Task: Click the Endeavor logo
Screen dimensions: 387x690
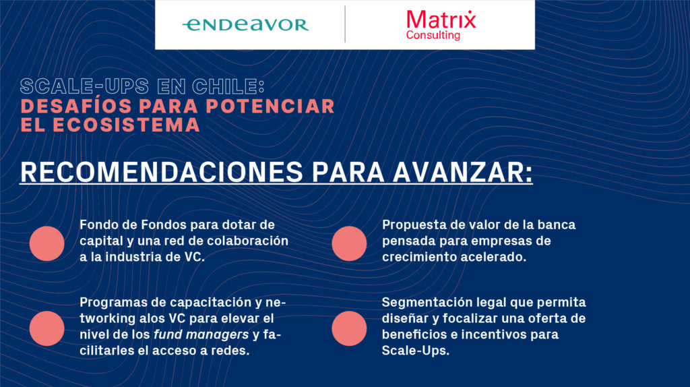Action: coord(245,25)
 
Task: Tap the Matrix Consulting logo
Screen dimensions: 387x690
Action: coord(441,24)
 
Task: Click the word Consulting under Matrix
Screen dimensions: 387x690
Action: coord(433,35)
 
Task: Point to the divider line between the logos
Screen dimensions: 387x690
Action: coord(345,24)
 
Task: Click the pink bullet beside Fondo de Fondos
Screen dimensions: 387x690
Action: coord(46,243)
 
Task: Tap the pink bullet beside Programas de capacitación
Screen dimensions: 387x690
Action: coord(46,328)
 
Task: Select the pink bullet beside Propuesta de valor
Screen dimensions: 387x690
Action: coord(349,243)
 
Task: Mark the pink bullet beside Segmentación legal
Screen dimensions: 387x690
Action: coord(349,328)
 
